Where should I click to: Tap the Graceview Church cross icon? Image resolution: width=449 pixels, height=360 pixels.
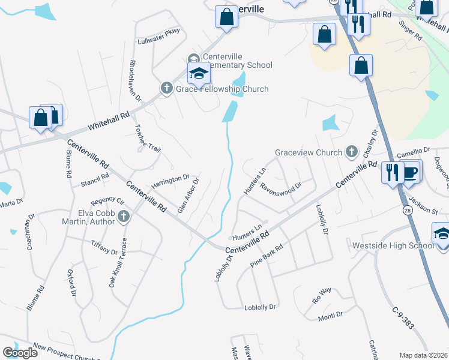(351, 152)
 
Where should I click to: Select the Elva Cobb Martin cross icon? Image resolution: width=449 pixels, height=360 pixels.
(124, 217)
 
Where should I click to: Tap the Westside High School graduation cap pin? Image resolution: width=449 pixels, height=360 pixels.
(442, 233)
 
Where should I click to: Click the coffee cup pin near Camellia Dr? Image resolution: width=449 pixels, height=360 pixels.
(411, 172)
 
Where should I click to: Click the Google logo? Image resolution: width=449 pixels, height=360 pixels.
(20, 353)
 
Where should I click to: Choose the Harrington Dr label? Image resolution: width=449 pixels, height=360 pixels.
(170, 180)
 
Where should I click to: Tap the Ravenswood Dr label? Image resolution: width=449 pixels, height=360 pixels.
(279, 185)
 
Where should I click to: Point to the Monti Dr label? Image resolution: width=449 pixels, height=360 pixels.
(330, 314)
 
